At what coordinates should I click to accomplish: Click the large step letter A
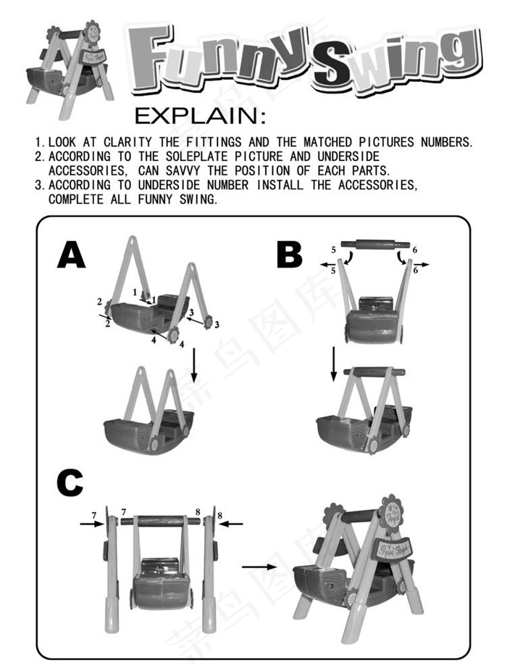71,255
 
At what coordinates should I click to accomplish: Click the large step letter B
290,255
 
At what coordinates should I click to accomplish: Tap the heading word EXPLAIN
200,116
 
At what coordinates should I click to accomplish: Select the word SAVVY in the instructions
183,170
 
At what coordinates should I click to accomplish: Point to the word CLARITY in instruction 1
127,141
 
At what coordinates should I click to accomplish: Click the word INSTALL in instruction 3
280,185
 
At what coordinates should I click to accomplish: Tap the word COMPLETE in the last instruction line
76,199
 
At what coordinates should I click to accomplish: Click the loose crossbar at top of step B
375,244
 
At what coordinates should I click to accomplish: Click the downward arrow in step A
194,365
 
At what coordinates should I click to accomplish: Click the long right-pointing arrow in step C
260,567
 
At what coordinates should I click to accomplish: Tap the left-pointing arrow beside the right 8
233,523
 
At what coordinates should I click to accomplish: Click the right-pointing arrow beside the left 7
92,523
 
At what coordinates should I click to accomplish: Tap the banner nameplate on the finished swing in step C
393,548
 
